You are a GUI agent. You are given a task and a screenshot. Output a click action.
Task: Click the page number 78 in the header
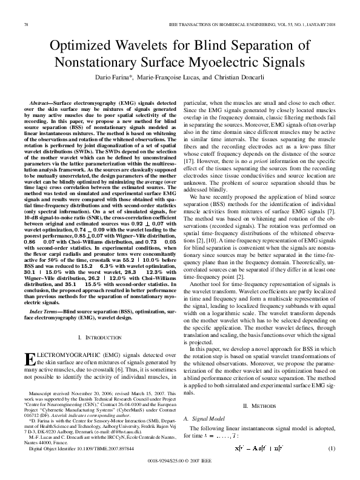25,24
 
